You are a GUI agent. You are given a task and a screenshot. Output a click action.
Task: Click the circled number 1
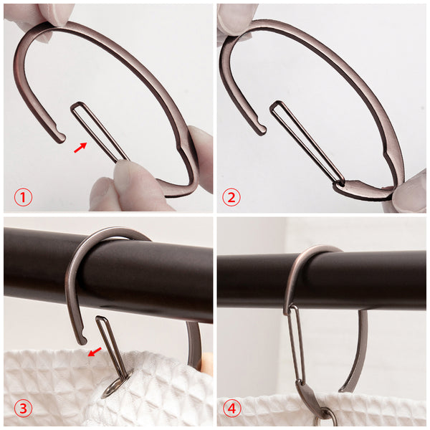click(23, 197)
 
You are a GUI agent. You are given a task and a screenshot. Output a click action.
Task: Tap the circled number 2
click(231, 197)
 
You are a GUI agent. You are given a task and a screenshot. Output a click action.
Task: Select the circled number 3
click(23, 408)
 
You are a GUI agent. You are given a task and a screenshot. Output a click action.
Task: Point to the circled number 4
click(231, 408)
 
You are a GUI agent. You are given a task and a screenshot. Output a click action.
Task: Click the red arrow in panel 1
click(80, 147)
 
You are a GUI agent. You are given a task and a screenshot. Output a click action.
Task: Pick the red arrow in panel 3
click(95, 352)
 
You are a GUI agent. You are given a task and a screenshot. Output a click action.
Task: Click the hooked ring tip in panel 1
click(61, 137)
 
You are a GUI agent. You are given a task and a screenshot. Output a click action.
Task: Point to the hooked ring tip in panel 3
click(82, 339)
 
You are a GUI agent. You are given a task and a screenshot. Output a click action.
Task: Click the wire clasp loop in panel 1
click(100, 132)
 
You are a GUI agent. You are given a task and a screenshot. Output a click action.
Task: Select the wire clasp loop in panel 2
click(307, 143)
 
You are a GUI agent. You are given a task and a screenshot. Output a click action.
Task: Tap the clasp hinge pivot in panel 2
click(341, 183)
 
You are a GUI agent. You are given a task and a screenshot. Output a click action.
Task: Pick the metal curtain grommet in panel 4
click(325, 419)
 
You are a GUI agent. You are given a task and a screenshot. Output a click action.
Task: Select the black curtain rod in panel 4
click(322, 282)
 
